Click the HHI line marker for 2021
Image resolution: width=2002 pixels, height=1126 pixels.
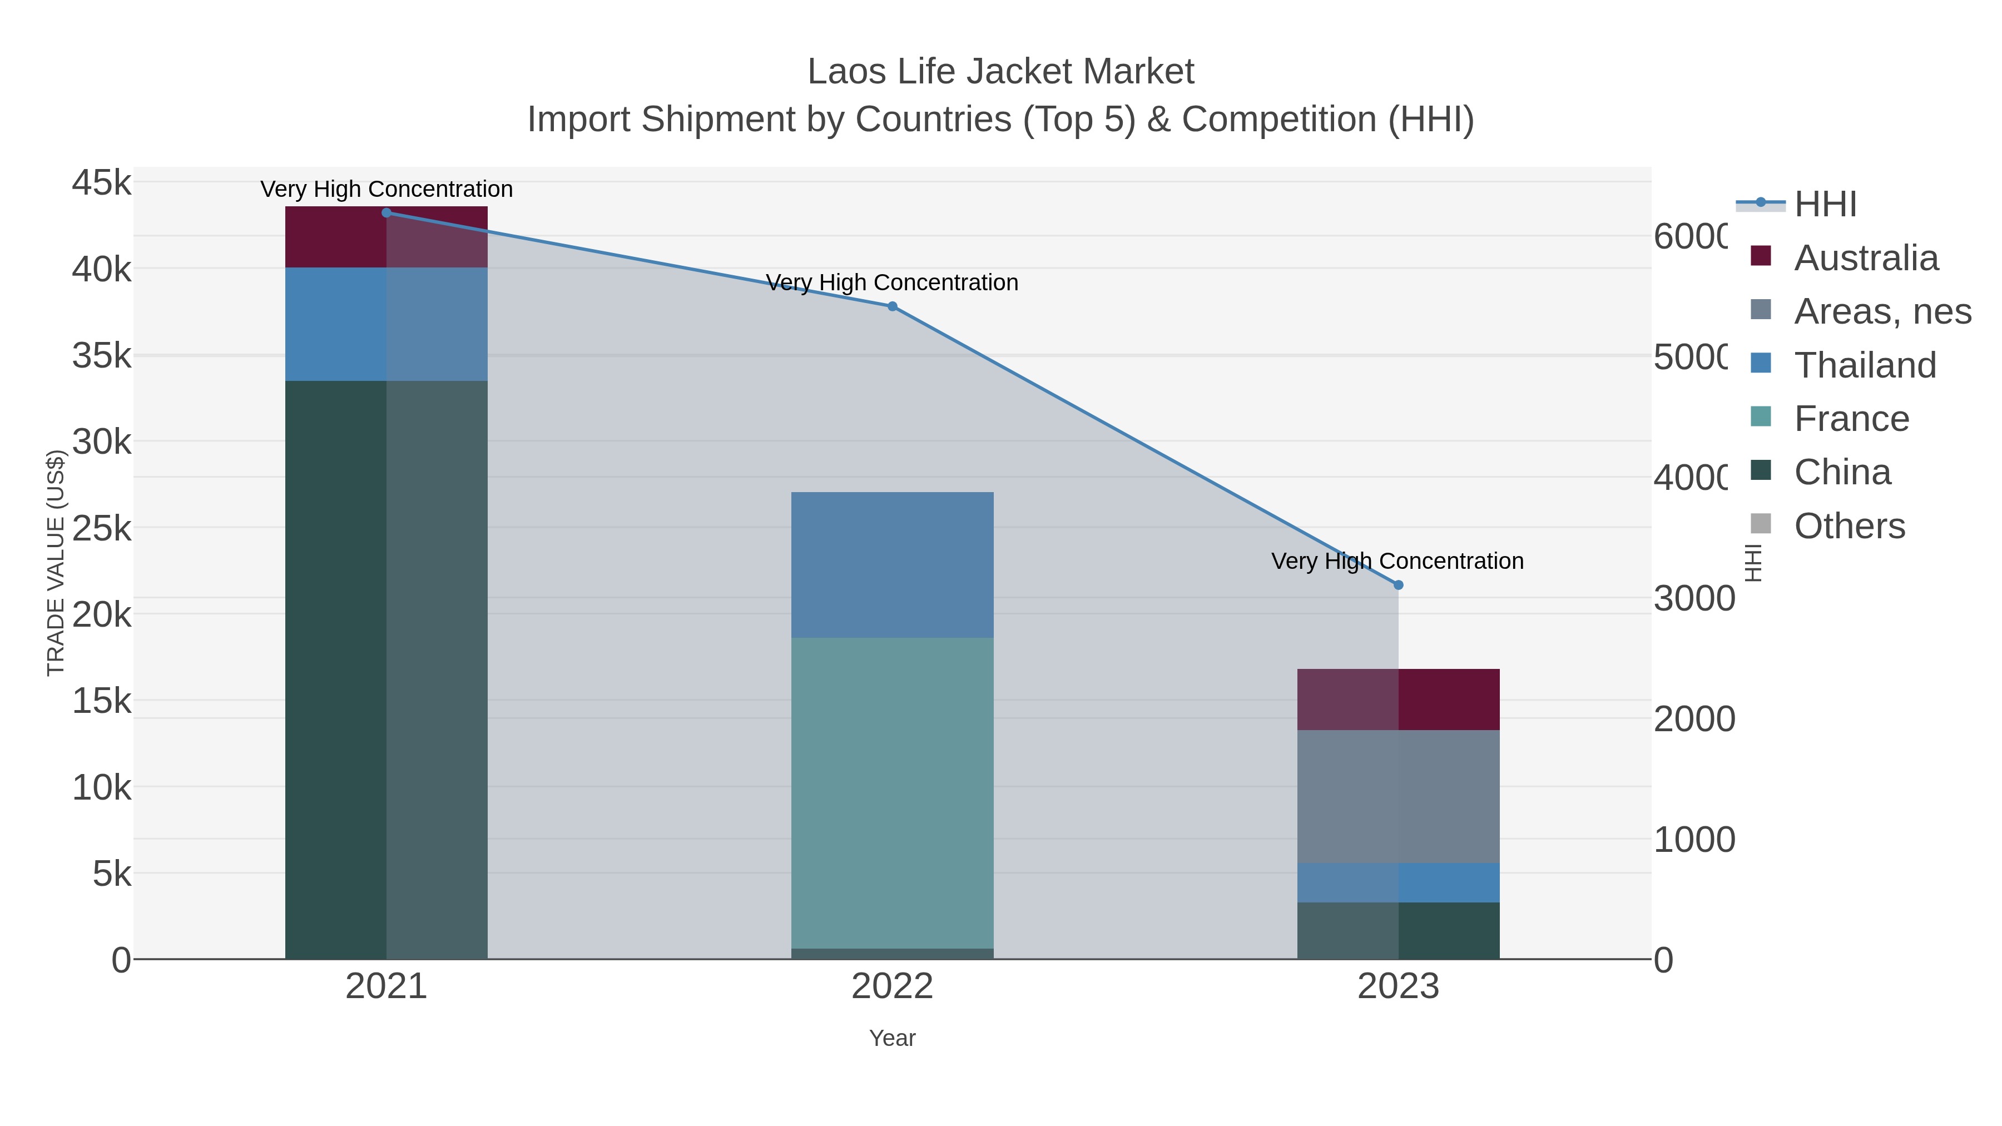tap(386, 212)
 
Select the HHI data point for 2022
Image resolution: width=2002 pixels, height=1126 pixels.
tap(892, 306)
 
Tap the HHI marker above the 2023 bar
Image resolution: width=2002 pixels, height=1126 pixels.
tap(1398, 584)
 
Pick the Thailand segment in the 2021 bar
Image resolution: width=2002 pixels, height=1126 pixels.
tap(386, 324)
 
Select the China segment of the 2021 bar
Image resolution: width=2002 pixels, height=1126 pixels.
tap(386, 668)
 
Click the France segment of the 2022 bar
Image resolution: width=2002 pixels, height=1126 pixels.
tap(892, 792)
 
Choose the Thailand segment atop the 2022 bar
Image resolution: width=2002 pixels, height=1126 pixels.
tap(892, 565)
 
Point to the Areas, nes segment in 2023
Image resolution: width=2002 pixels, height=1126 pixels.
tap(1398, 796)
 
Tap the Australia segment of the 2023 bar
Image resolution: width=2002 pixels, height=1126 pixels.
tap(1398, 700)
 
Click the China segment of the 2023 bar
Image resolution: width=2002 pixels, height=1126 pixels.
tap(1398, 930)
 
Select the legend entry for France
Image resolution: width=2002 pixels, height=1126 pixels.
tap(1850, 419)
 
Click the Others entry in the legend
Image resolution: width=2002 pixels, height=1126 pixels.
tap(1849, 526)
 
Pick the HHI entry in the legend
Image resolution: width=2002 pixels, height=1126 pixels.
tap(1824, 205)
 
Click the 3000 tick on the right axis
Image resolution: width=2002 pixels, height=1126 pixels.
tap(1693, 598)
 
